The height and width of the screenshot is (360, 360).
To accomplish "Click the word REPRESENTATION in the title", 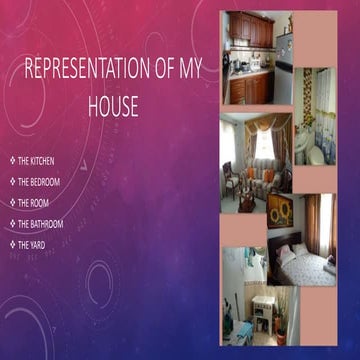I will (87, 71).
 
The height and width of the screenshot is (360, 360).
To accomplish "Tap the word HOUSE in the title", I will (113, 105).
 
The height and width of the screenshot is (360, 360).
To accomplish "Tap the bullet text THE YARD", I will (33, 245).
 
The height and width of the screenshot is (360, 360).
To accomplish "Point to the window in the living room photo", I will (262, 145).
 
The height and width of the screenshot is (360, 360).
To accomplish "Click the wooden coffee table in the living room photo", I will (246, 199).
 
